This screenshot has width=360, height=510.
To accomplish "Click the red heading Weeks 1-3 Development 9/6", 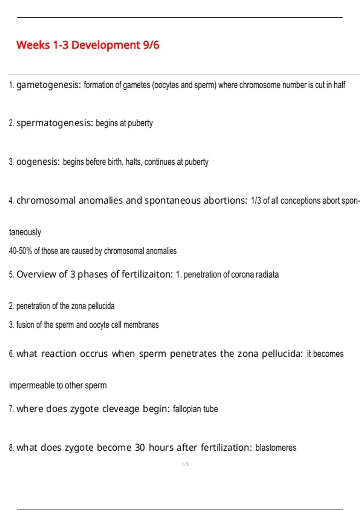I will coord(88,45).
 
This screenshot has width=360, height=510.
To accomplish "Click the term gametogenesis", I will coord(48,85).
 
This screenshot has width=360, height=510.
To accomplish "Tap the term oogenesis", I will coord(38,162).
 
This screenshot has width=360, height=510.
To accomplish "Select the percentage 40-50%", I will coord(20,251).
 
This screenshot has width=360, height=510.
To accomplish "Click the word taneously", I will coord(25,232).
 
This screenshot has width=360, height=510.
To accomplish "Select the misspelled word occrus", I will coord(94,354).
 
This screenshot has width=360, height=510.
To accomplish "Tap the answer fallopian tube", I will coord(195,409).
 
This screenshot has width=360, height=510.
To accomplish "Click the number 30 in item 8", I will coord(140,448).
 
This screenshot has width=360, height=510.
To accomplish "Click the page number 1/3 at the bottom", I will coord(185,464).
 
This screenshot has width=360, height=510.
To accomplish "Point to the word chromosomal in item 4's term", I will coord(46,200).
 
